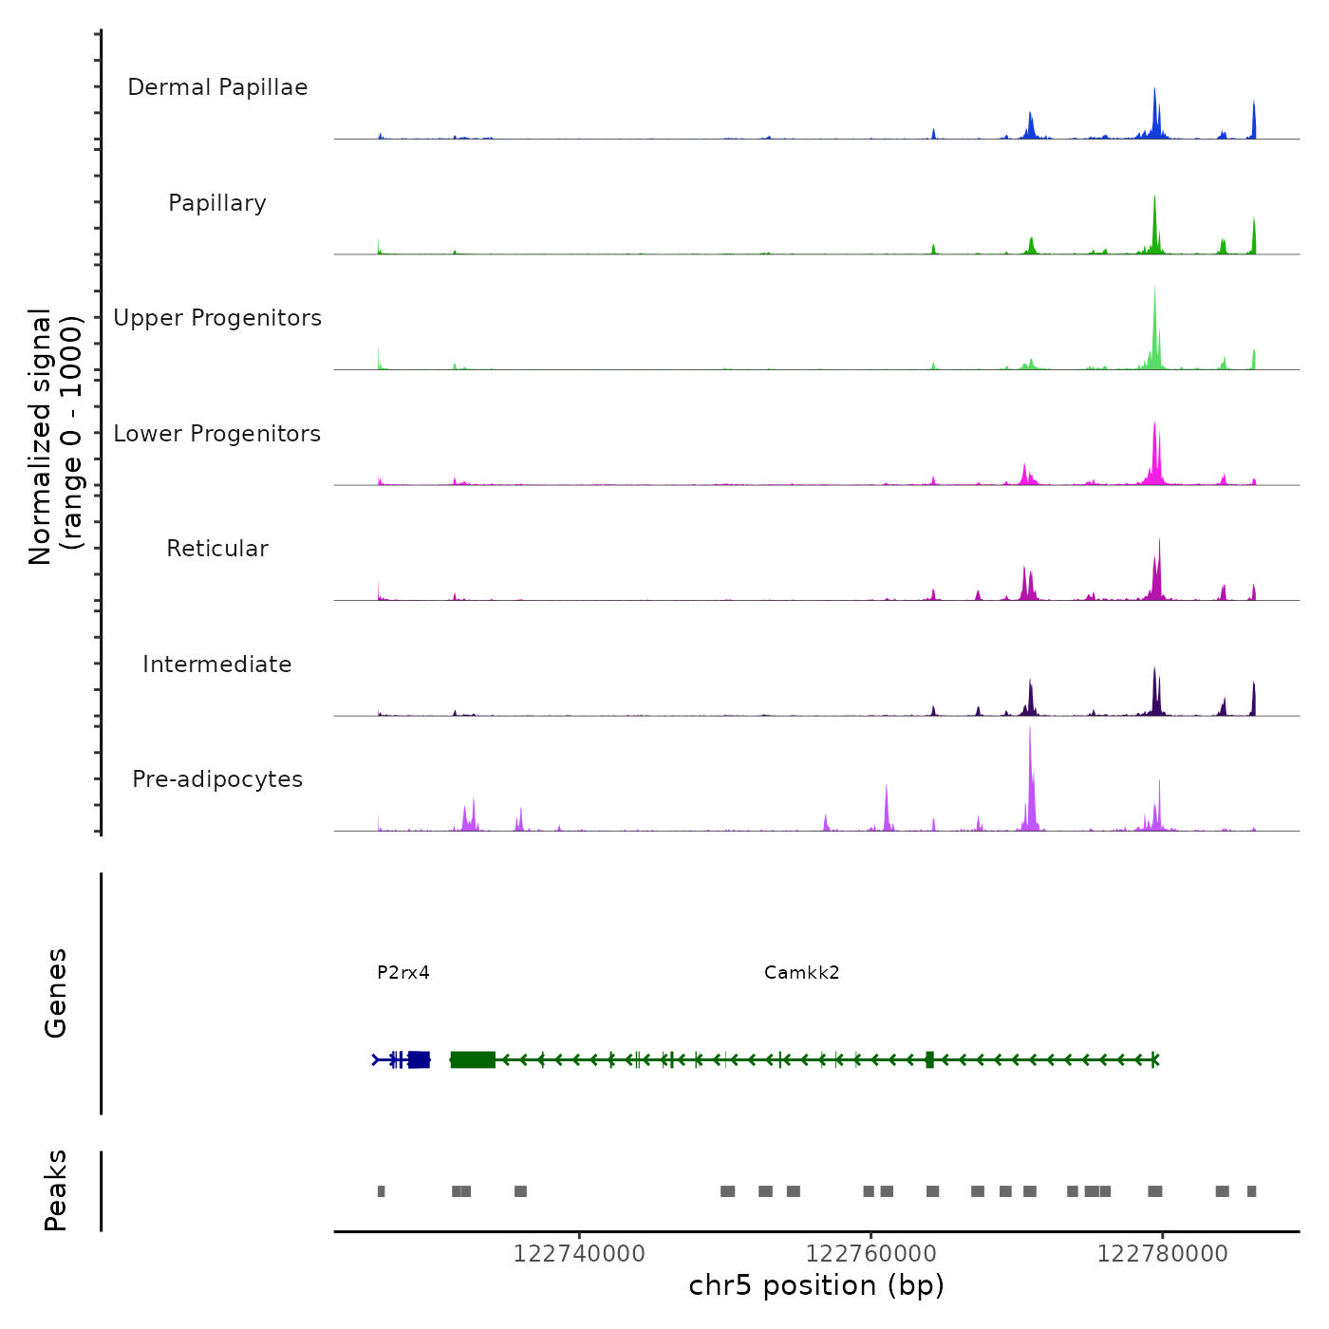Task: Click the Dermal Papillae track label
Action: tap(217, 87)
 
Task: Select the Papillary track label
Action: tap(217, 203)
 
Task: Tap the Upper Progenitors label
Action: tap(217, 318)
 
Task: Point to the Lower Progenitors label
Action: tap(217, 434)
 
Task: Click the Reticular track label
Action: tap(217, 549)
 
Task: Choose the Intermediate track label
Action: tap(217, 664)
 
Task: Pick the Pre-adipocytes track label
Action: tap(217, 779)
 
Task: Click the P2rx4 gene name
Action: tap(403, 972)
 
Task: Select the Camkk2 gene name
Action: tap(802, 972)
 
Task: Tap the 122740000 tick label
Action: tap(579, 1254)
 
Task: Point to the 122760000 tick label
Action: tap(870, 1254)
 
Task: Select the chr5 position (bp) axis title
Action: tap(816, 1285)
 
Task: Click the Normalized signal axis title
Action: tap(55, 437)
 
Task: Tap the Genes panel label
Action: tap(56, 993)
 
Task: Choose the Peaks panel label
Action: tap(56, 1190)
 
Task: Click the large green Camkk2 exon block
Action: tap(473, 1059)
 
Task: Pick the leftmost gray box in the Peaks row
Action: tap(381, 1191)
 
